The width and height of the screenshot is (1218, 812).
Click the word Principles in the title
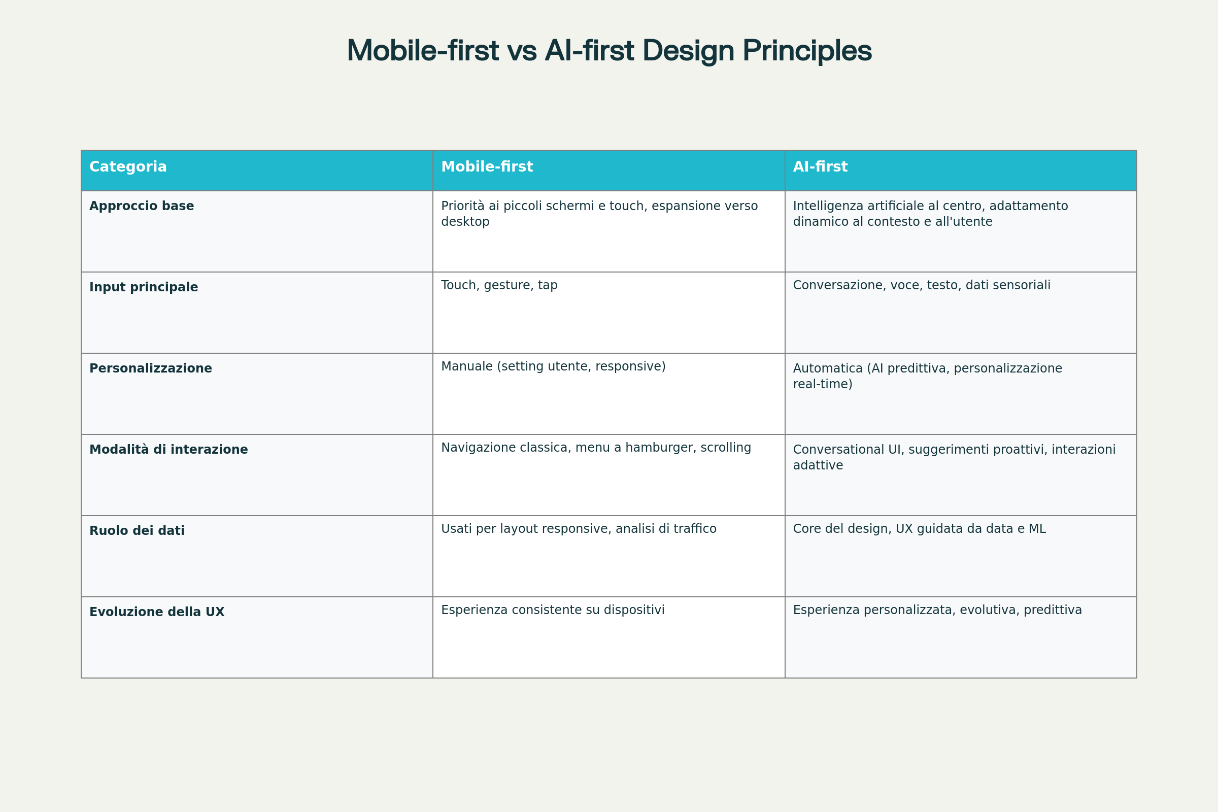(x=807, y=51)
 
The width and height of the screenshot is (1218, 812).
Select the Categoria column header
(x=128, y=167)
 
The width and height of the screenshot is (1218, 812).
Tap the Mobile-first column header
(x=487, y=167)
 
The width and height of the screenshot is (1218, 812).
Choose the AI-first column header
(x=820, y=167)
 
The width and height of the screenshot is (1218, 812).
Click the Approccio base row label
(x=142, y=206)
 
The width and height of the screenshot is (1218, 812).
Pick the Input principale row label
(x=144, y=287)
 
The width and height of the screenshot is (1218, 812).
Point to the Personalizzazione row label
(x=151, y=368)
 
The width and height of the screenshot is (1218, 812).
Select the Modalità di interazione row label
(x=168, y=450)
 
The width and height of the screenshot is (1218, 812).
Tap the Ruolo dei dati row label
(x=137, y=531)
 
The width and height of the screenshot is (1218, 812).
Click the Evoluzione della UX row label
(x=157, y=612)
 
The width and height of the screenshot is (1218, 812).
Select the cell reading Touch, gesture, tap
(x=499, y=285)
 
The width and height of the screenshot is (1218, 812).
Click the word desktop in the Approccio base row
(x=465, y=222)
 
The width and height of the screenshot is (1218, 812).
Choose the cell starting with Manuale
(x=553, y=366)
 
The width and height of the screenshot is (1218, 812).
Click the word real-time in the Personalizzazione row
(x=822, y=384)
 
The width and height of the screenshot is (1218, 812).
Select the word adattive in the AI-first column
(x=818, y=465)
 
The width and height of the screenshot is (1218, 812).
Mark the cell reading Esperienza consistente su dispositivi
(x=553, y=610)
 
